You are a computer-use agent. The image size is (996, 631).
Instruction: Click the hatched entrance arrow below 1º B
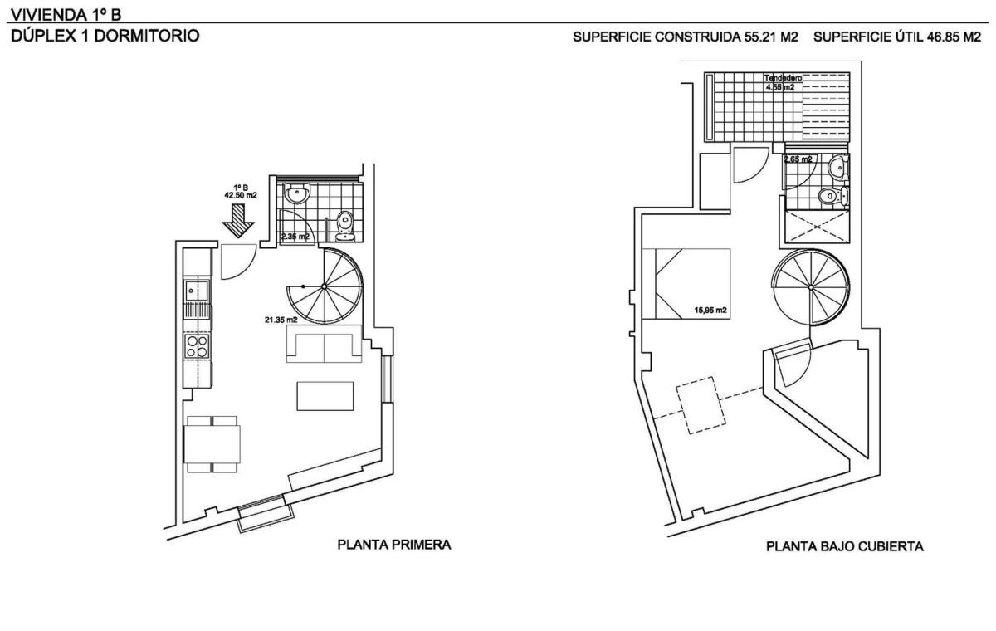click(238, 221)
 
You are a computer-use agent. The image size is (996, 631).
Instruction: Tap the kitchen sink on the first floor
click(197, 291)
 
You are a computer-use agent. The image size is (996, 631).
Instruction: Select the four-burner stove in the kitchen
click(198, 346)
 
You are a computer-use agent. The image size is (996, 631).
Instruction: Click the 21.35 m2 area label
click(281, 320)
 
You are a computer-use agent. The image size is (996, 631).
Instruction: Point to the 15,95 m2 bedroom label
click(710, 310)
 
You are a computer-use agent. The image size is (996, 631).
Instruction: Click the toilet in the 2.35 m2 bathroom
click(344, 227)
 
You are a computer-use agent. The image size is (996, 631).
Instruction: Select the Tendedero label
click(783, 78)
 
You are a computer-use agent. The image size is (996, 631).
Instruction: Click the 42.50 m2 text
click(241, 195)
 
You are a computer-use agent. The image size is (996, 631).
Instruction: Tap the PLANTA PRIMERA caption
click(394, 545)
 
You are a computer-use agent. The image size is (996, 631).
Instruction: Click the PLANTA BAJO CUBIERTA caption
click(844, 546)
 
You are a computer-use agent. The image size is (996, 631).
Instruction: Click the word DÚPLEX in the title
click(43, 36)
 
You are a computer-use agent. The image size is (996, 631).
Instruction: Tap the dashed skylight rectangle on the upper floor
click(701, 405)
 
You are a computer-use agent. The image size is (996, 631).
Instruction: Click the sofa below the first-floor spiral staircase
click(324, 344)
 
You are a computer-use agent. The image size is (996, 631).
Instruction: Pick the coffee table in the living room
click(325, 396)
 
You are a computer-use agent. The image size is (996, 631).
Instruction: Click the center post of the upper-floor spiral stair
click(811, 288)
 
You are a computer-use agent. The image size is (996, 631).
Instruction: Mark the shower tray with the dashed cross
click(818, 227)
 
